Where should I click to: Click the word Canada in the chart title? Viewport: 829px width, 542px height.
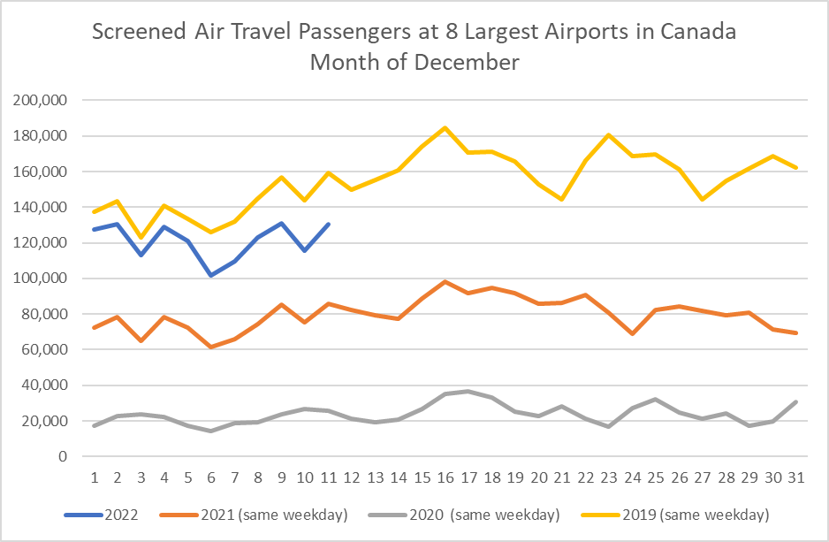[702, 34]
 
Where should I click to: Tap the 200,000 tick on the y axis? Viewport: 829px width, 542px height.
[43, 101]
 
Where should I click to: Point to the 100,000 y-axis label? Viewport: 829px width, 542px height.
[43, 279]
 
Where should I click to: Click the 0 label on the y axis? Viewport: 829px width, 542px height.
[63, 456]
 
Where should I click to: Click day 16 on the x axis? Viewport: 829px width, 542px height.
[445, 477]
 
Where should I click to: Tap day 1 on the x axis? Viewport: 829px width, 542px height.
[94, 477]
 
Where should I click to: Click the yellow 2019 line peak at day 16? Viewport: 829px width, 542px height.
[445, 127]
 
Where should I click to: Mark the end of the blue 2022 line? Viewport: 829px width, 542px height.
[328, 224]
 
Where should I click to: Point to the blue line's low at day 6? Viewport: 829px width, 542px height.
[211, 275]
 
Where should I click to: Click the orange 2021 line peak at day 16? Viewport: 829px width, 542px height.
[445, 281]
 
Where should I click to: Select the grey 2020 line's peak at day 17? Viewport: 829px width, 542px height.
[469, 391]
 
